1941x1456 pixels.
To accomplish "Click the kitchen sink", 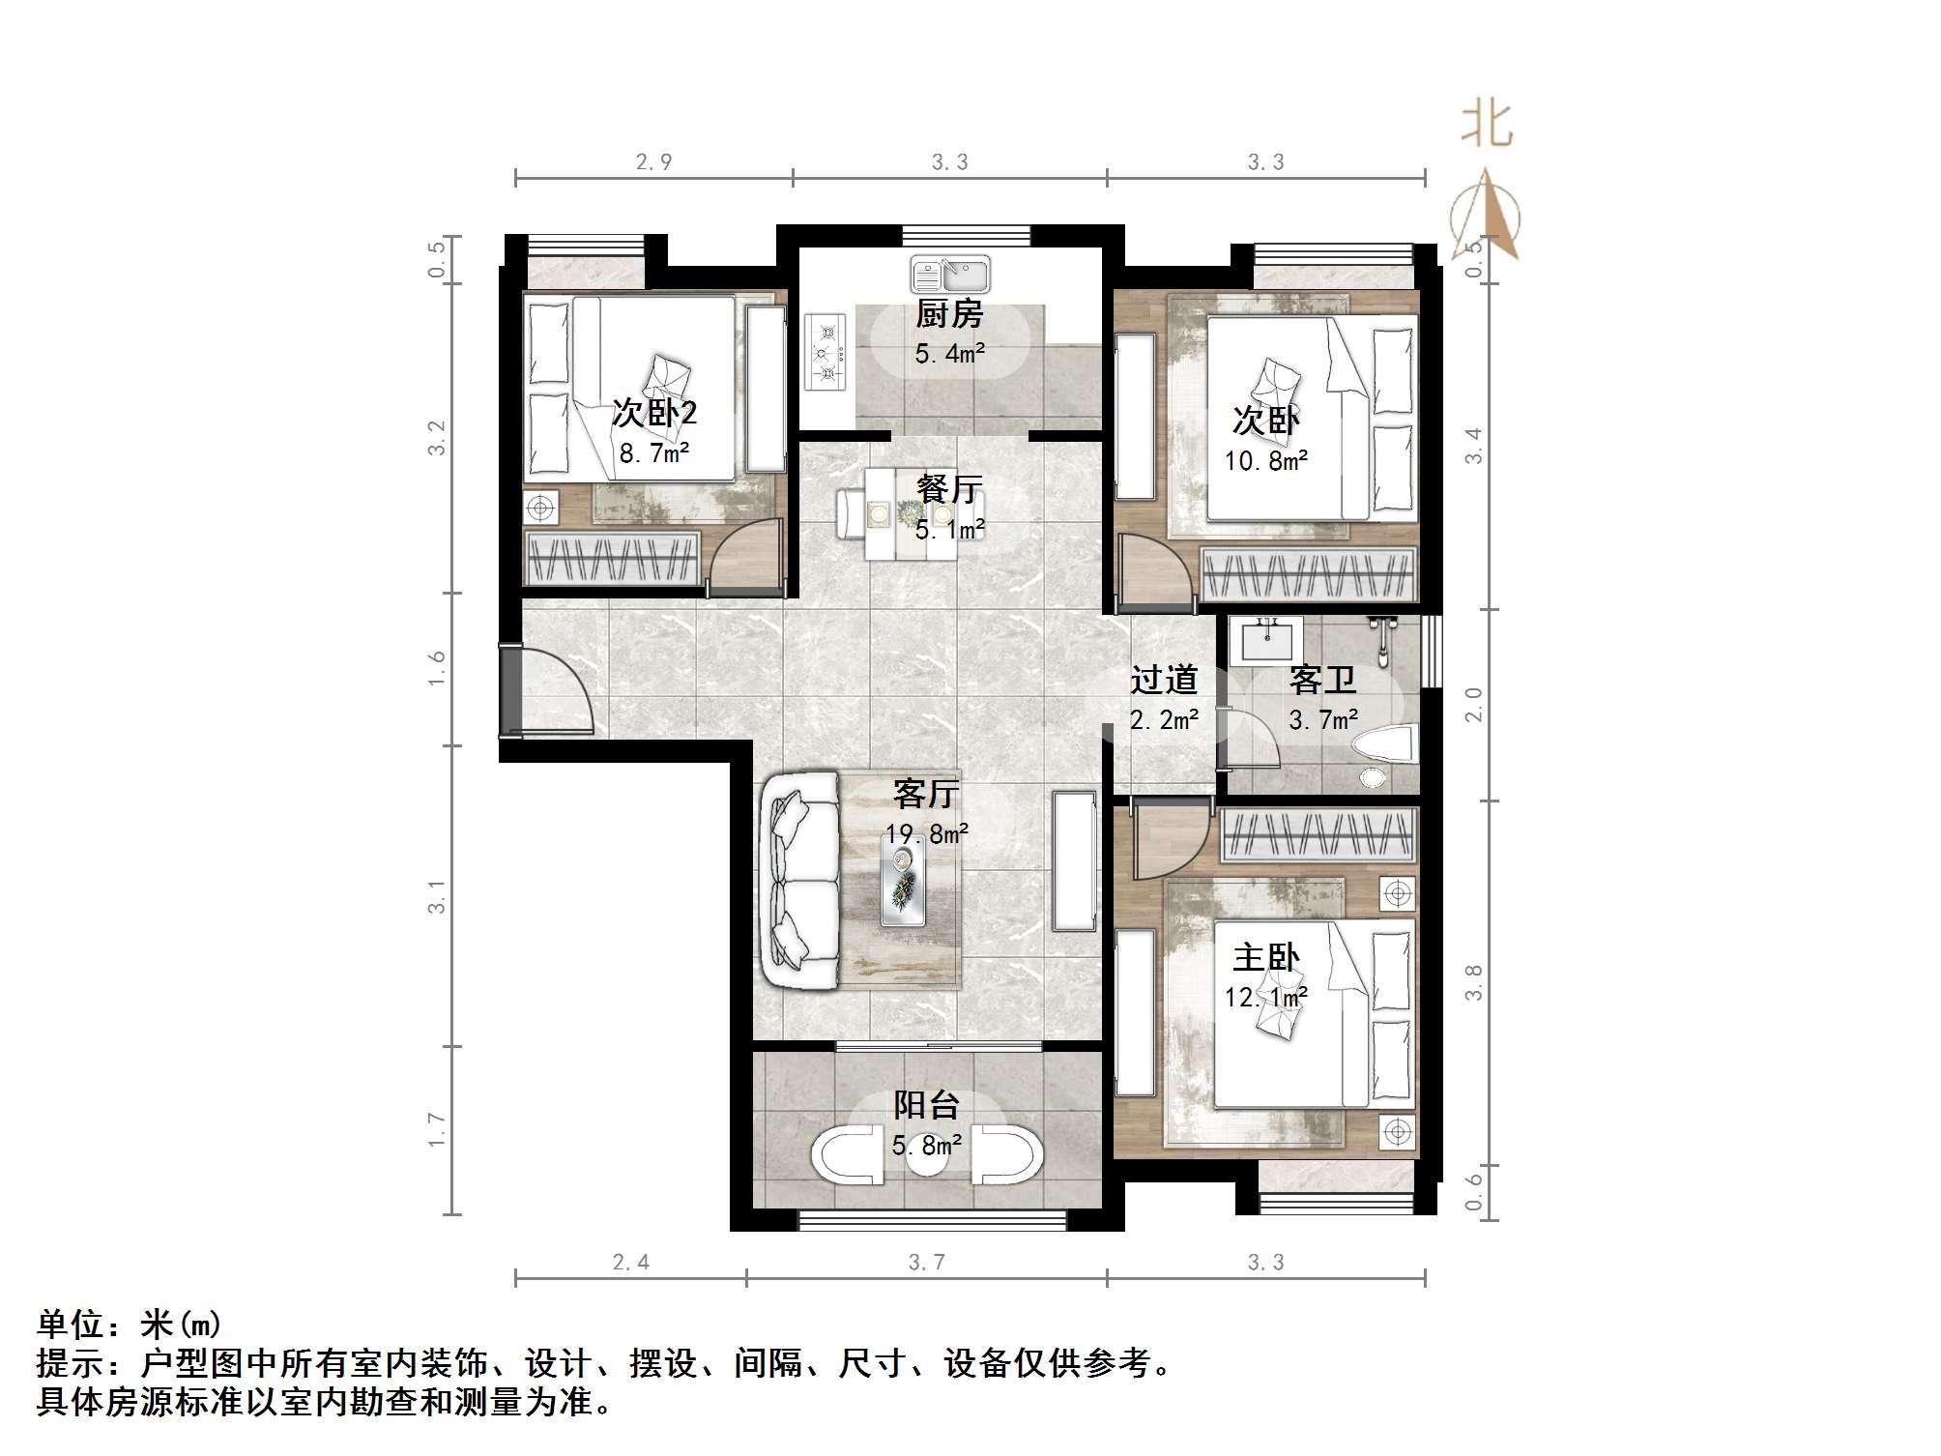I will [x=950, y=275].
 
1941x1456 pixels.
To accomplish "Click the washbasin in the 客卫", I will [x=1266, y=641].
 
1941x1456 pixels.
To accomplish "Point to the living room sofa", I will [x=800, y=880].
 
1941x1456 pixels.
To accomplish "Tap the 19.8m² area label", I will [x=926, y=834].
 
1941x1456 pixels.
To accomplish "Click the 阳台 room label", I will [x=925, y=1105].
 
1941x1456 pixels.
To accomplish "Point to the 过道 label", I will [x=1164, y=680].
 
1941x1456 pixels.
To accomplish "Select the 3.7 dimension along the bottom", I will [x=926, y=1263].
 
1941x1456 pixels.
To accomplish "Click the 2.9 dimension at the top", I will [x=653, y=162].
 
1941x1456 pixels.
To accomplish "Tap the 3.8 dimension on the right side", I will [x=1473, y=982].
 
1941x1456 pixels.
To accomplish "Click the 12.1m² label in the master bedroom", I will [x=1266, y=997].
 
